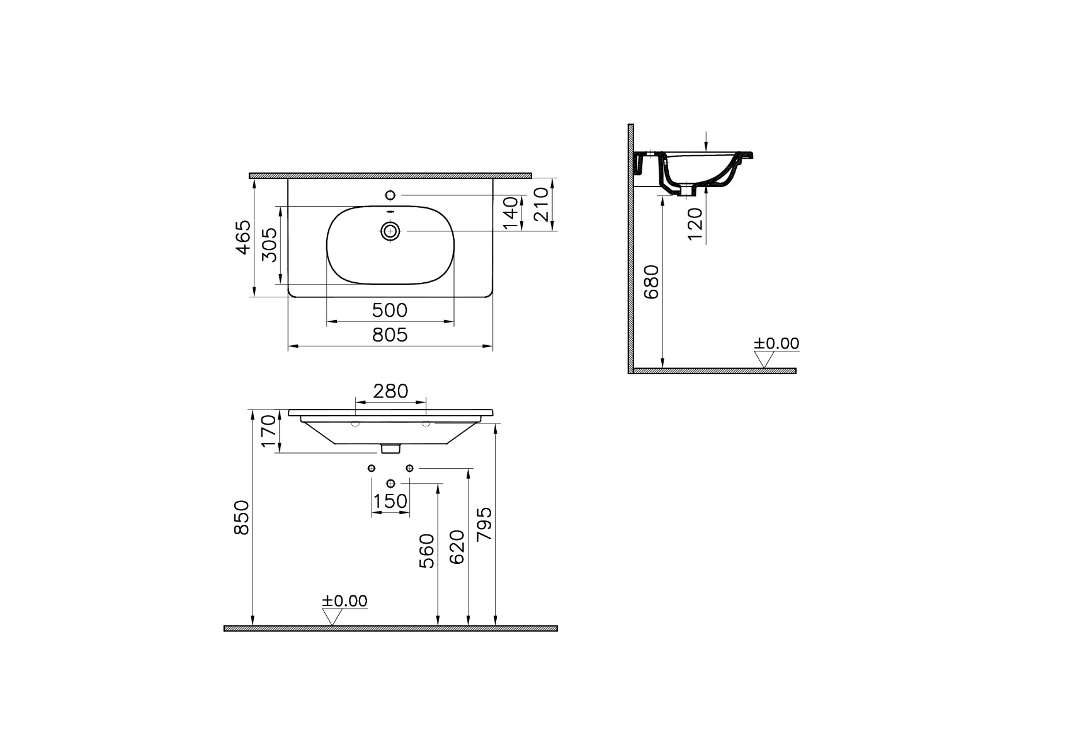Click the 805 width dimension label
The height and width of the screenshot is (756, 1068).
tap(390, 335)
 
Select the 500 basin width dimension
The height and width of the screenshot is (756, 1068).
tap(390, 311)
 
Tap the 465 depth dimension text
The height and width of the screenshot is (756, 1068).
tap(244, 237)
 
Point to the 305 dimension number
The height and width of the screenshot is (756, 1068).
tap(270, 244)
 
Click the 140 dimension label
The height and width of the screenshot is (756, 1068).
tap(511, 213)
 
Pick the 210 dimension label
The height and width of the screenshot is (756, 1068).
tap(541, 205)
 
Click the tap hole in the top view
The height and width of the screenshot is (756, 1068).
tap(390, 195)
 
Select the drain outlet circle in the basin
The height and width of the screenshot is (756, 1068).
tap(390, 231)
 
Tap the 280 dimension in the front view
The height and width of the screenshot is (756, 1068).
tap(390, 391)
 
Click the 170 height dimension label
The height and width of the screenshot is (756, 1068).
tap(269, 431)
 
